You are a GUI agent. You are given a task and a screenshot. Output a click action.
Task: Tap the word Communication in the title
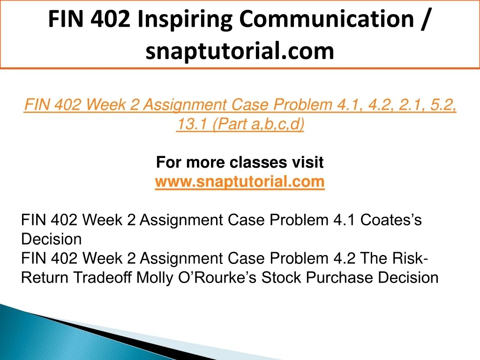(x=326, y=19)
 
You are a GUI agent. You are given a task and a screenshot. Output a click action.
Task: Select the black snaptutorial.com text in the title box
(x=240, y=52)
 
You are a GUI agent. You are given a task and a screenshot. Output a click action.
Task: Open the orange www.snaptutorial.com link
(x=240, y=182)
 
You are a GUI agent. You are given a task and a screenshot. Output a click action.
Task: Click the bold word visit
(x=308, y=162)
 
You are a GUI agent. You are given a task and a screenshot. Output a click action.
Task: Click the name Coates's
(x=391, y=220)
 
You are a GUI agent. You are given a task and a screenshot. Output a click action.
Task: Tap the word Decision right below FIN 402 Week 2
(x=52, y=239)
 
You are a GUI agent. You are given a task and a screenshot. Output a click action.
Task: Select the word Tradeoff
(x=102, y=277)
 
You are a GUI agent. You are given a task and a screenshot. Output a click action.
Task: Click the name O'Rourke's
(x=217, y=277)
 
